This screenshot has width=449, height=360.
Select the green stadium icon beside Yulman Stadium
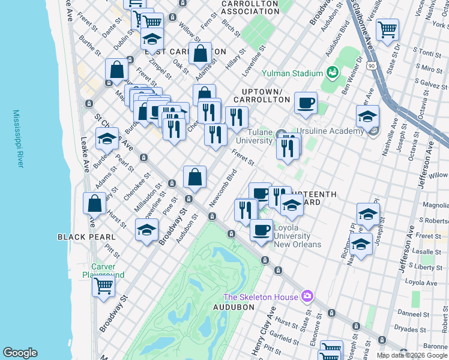332,73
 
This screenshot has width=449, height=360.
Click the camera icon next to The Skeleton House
307,296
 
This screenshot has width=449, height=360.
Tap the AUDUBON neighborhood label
234,307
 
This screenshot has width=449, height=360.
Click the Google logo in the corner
20,353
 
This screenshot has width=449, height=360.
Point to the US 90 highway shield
372,65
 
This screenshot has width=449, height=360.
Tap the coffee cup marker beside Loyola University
261,229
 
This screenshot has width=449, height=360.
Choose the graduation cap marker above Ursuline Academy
367,116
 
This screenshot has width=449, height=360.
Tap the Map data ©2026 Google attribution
412,355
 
